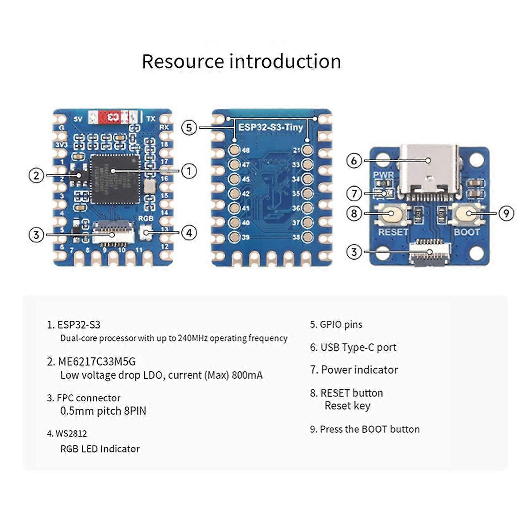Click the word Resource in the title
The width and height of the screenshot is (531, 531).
click(x=183, y=62)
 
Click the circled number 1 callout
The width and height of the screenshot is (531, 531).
click(x=189, y=171)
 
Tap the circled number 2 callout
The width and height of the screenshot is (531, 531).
click(x=37, y=175)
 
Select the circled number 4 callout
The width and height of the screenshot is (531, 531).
click(x=189, y=232)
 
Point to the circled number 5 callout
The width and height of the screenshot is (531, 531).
click(x=189, y=128)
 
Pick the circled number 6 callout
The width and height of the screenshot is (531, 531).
click(x=354, y=161)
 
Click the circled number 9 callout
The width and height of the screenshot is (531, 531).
click(x=506, y=214)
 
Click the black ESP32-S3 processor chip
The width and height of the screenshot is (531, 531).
click(x=114, y=179)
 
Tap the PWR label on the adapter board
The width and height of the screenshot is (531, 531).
click(x=383, y=175)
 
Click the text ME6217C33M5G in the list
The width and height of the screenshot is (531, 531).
click(x=96, y=362)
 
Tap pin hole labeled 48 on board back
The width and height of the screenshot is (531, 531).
click(x=234, y=150)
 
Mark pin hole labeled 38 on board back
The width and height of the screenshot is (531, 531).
click(x=307, y=237)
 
